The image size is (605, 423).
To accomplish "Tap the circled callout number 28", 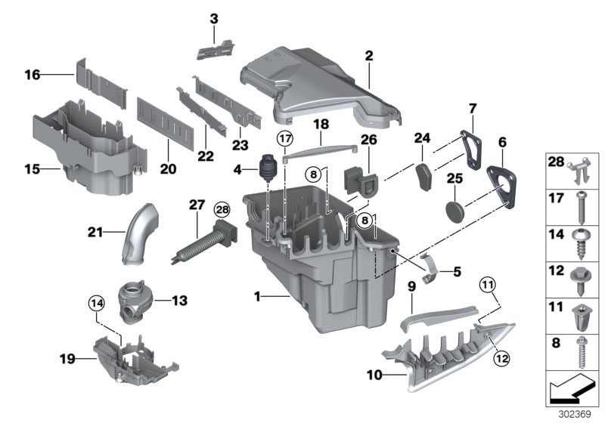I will click(221, 208).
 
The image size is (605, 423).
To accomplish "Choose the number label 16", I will click(33, 75).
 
